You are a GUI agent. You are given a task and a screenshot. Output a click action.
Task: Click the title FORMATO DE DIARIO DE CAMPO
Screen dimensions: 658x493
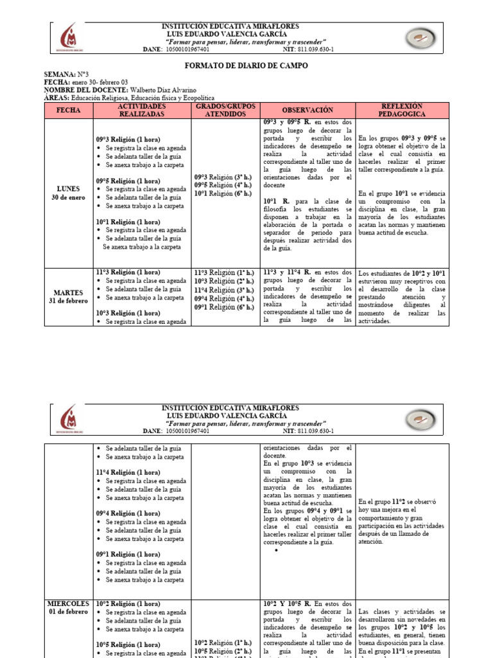tap(246, 66)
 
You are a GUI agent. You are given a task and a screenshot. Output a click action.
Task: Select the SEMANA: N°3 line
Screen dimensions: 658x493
tap(65, 75)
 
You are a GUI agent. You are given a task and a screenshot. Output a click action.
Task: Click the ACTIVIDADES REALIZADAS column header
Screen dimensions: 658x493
tap(142, 110)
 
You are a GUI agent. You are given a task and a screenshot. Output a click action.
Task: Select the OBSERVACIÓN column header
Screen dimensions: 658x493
tap(307, 110)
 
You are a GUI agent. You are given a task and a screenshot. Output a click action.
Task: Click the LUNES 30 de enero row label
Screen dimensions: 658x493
tap(69, 193)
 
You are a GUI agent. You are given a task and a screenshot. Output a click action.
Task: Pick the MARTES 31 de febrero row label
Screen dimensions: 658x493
tap(69, 297)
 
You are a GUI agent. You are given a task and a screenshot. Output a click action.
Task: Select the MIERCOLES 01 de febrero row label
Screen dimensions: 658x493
tap(69, 608)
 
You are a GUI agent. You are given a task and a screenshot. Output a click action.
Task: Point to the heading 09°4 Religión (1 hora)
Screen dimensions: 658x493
tap(128, 513)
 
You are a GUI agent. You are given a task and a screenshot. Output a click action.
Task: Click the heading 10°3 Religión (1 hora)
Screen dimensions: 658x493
tap(128, 313)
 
